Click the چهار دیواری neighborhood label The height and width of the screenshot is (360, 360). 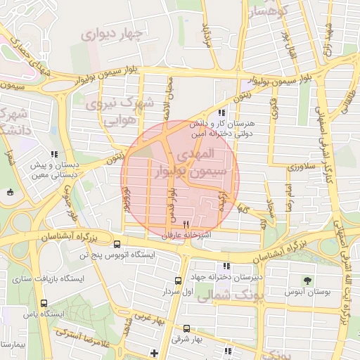tap(112, 34)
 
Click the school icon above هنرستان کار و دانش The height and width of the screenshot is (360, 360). tap(221, 112)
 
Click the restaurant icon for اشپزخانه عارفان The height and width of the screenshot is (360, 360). tap(167, 224)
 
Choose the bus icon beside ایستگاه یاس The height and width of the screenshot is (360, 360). tap(44, 304)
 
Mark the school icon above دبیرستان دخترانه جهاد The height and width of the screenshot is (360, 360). tap(226, 266)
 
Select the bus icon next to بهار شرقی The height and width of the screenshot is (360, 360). tap(186, 328)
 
